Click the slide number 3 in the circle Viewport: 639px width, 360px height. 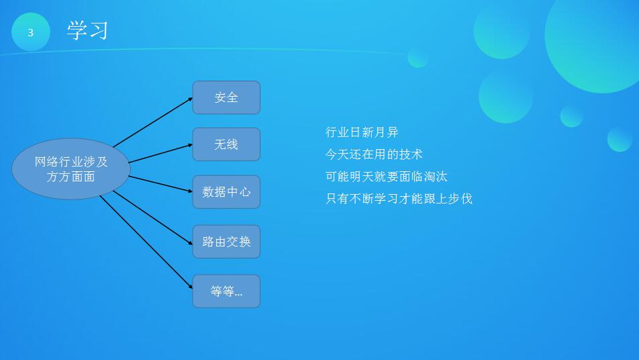[31, 33]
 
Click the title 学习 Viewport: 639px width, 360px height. [88, 31]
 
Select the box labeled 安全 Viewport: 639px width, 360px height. [226, 97]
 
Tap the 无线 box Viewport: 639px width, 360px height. [226, 144]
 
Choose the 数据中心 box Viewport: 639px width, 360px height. [226, 192]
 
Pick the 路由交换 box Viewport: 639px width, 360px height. [226, 242]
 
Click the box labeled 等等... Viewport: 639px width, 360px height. [226, 291]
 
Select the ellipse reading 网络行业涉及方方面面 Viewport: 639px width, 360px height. [71, 169]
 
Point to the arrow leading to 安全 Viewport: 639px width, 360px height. [153, 122]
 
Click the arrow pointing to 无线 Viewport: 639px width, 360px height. [160, 153]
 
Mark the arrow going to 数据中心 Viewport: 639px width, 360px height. [160, 184]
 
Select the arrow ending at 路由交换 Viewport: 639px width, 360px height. [153, 218]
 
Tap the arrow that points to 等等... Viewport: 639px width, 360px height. [146, 242]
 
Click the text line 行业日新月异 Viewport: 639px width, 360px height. [362, 132]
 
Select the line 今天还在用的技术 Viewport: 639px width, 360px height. [374, 154]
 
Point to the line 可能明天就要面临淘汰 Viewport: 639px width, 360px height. [387, 176]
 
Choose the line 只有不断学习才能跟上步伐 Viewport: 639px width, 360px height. [399, 199]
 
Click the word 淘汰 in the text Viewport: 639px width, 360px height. [435, 176]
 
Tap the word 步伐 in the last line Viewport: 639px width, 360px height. [460, 199]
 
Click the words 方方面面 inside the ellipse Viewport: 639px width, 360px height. [71, 177]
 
